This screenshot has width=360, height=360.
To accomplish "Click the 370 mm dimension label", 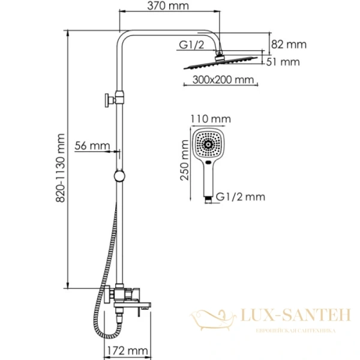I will click(x=168, y=7).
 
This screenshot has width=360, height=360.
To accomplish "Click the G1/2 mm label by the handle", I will click(x=240, y=196).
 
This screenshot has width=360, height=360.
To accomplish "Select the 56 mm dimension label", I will click(x=92, y=145).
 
